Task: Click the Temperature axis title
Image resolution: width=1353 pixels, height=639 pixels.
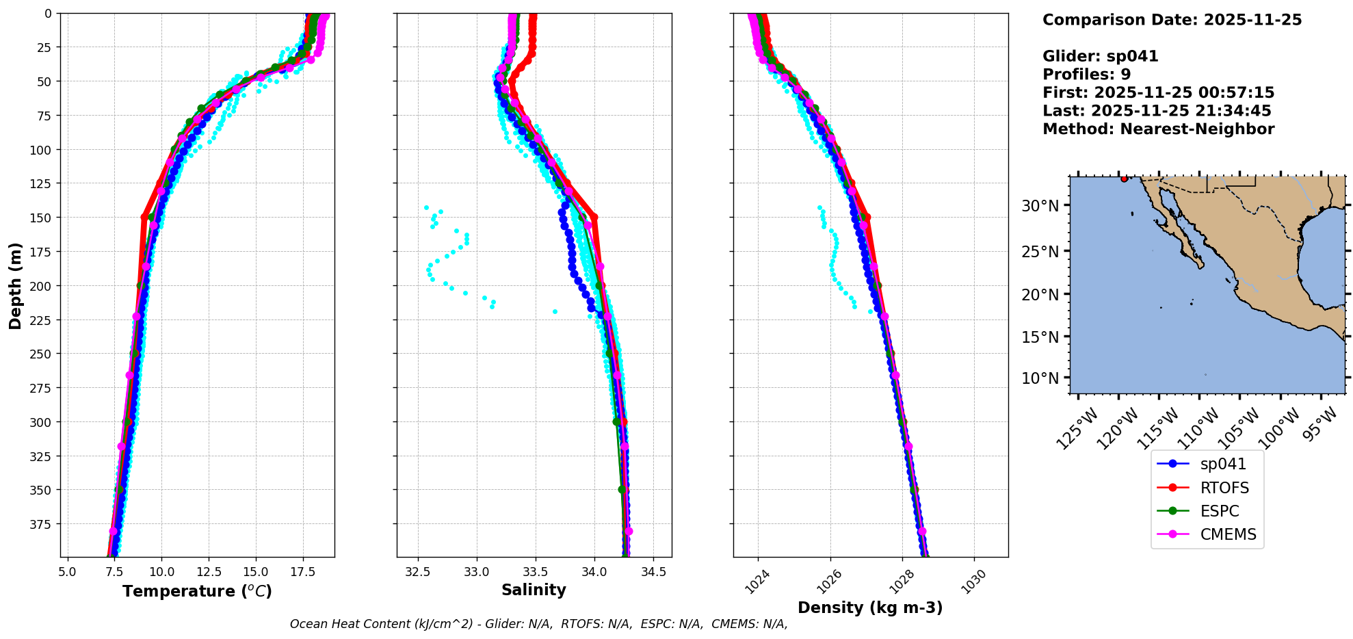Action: (197, 591)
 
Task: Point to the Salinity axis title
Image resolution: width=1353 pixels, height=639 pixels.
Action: (534, 590)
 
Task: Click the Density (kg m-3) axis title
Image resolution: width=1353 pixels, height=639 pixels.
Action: (870, 608)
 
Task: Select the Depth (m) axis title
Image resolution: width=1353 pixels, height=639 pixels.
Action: (16, 285)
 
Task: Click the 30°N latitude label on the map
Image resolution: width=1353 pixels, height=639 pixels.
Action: (1040, 206)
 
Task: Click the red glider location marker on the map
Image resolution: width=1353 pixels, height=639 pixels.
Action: (1125, 179)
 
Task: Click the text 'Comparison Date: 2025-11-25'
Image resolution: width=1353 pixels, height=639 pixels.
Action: (1172, 20)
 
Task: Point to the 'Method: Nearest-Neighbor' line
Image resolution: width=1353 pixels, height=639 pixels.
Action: (1158, 129)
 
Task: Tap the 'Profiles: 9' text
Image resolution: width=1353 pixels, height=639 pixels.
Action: (1086, 75)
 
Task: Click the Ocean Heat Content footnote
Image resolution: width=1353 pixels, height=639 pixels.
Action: (538, 624)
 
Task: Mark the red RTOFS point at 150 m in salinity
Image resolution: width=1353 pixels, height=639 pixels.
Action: (594, 218)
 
